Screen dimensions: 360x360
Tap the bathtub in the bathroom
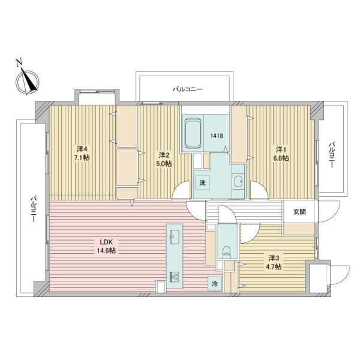tap(193, 134)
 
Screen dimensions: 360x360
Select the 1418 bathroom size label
tap(217, 136)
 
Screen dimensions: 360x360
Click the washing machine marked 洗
tap(202, 183)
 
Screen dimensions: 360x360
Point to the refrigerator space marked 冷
tap(215, 284)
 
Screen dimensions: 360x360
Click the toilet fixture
tap(227, 252)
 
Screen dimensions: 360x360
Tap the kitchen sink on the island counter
tap(175, 236)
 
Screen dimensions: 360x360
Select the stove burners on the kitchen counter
tap(175, 277)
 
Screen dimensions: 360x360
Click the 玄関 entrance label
tap(299, 212)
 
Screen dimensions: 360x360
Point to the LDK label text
tap(106, 242)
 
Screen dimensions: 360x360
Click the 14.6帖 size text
tap(106, 250)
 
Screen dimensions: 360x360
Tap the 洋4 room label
tap(82, 149)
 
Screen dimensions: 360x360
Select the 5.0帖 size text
tap(164, 164)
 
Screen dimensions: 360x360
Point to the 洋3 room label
tap(274, 258)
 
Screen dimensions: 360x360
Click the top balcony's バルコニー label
tap(188, 89)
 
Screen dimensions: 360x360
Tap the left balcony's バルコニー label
tap(34, 208)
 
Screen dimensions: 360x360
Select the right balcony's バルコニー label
tap(331, 155)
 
